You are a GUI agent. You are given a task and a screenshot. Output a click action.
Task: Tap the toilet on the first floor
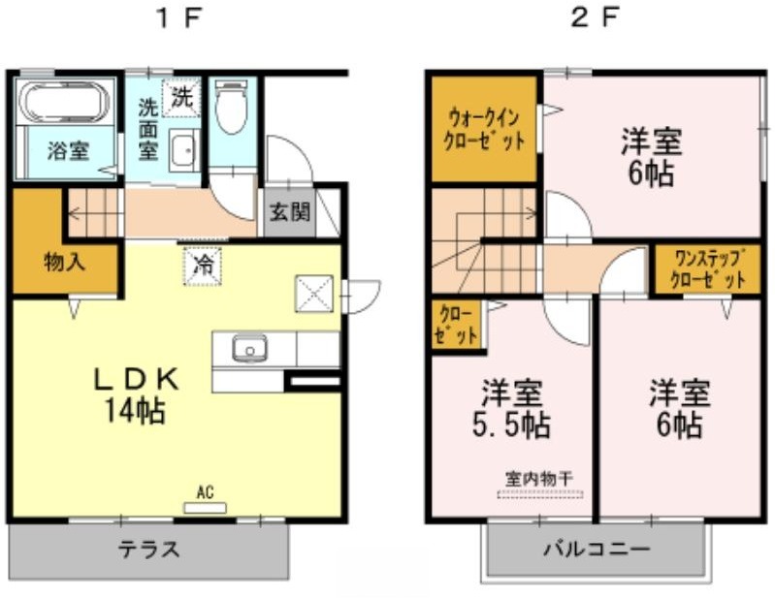tap(231, 107)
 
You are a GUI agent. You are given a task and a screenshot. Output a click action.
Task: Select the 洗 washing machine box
tap(181, 97)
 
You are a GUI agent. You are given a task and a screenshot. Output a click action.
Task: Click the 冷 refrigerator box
tap(202, 266)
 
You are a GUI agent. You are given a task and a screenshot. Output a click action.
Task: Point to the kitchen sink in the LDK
tap(249, 349)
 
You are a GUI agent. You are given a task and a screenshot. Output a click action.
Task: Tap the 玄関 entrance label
tap(289, 212)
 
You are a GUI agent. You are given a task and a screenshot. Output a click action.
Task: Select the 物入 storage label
tap(64, 262)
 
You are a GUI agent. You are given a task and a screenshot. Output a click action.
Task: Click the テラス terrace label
tap(148, 549)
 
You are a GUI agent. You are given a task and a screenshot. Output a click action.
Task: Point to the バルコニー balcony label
tap(597, 549)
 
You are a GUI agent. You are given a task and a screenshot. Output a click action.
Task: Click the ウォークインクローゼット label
tap(483, 130)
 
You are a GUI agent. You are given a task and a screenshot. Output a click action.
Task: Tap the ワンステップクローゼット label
tap(708, 269)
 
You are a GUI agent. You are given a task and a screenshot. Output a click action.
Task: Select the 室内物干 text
tap(539, 478)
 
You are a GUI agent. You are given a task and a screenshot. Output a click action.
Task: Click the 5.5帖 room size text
tap(511, 425)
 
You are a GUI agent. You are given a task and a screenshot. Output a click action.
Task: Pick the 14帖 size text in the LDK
tap(134, 410)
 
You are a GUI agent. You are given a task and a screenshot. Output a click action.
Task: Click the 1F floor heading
tap(178, 19)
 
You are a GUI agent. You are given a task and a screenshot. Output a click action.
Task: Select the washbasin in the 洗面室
tap(184, 149)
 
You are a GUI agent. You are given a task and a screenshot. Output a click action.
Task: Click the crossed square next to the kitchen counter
tap(314, 294)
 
